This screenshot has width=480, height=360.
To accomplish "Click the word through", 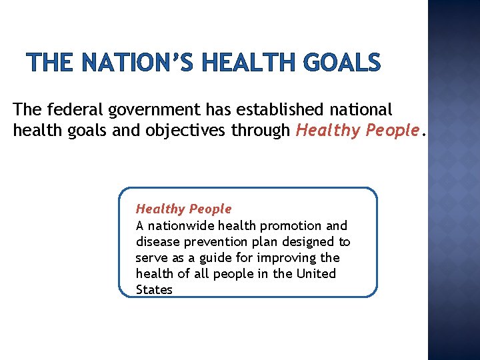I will [260, 131].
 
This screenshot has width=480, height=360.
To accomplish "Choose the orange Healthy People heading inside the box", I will [183, 209].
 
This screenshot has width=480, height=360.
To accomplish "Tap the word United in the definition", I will [316, 273].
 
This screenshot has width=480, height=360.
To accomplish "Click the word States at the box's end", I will [154, 289].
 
